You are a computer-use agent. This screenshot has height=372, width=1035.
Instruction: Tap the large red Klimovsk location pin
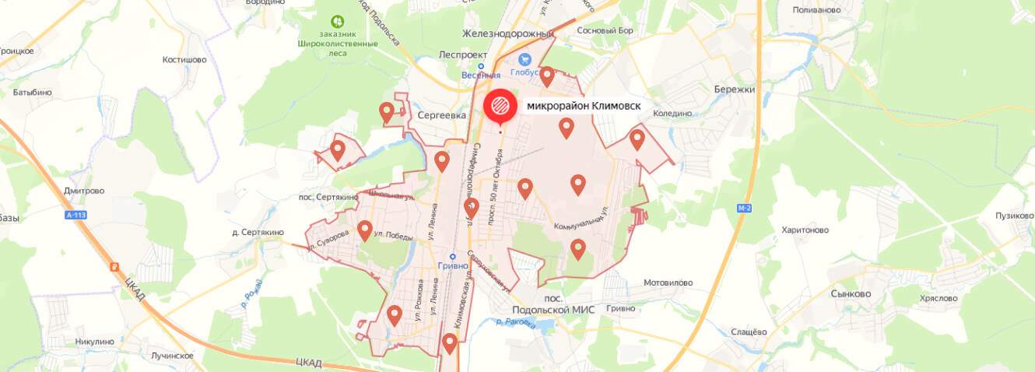(500, 106)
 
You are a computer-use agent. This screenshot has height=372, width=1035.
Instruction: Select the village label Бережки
(735, 89)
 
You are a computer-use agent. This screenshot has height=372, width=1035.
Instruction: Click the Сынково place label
(851, 294)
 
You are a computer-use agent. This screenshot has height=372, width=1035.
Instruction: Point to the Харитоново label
(805, 230)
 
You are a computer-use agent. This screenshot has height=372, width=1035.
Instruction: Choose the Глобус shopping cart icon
(525, 59)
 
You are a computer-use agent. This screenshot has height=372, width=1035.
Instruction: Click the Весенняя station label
(480, 75)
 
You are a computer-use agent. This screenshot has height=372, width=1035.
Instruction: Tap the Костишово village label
(184, 59)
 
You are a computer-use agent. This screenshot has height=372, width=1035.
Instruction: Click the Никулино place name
(95, 341)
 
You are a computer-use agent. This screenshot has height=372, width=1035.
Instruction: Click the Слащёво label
(749, 332)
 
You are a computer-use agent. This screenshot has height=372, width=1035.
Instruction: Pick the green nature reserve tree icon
(337, 22)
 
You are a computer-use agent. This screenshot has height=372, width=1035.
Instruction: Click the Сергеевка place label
(441, 115)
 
